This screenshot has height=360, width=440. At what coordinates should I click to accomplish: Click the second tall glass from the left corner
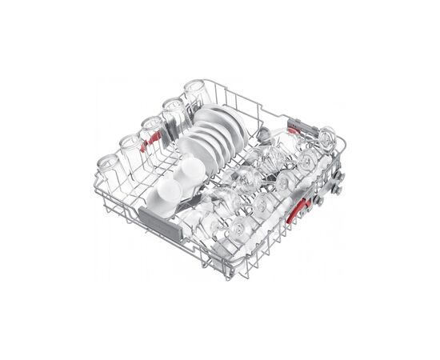130,147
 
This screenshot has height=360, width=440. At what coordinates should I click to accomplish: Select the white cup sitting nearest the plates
190,170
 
